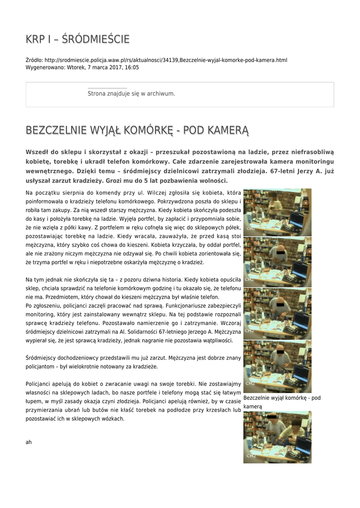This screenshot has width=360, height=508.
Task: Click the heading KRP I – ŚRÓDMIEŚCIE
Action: [x=77, y=39]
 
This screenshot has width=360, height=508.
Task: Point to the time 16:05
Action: [x=132, y=67]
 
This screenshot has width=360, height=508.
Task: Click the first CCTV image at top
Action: [x=277, y=212]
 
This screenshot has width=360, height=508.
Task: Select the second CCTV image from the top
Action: [x=277, y=262]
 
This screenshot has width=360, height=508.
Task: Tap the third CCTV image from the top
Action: [x=277, y=314]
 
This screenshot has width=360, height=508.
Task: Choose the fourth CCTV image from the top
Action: [x=277, y=366]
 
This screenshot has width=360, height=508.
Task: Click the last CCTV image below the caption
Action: [x=277, y=437]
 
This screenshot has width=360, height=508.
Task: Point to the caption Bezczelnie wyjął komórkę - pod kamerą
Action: [x=282, y=402]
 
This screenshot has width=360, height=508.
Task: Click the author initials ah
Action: [x=28, y=442]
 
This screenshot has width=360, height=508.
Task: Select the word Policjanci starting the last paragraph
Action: [x=40, y=383]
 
